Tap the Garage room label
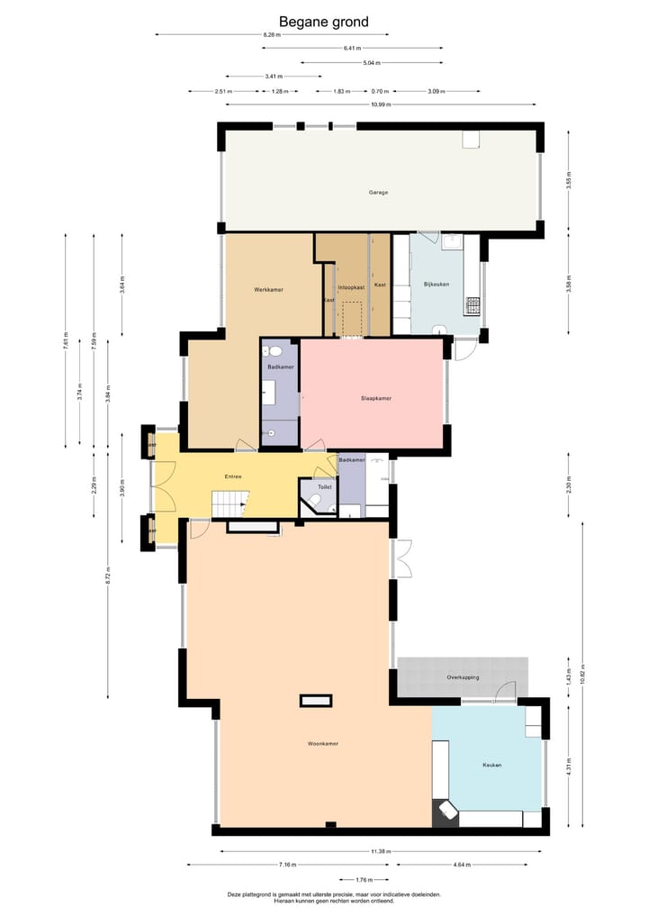(378, 193)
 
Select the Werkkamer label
(268, 289)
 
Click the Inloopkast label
(350, 286)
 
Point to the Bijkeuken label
(436, 285)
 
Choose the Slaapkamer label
(376, 398)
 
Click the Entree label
(233, 476)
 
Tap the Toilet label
(324, 486)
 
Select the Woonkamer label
(322, 744)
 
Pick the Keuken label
(491, 765)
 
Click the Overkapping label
(463, 677)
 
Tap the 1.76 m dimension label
(364, 880)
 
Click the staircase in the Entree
(229, 504)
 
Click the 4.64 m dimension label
(470, 866)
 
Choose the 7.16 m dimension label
(288, 866)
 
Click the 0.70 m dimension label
(380, 91)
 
